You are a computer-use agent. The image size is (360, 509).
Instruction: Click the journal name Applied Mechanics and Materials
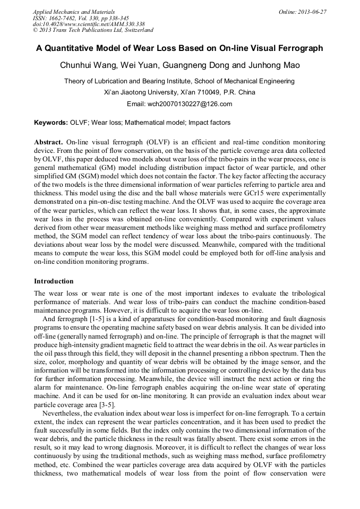click(x=73, y=12)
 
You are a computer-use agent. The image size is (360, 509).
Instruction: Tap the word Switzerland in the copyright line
click(x=134, y=30)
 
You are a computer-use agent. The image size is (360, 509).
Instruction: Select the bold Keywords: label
click(x=51, y=123)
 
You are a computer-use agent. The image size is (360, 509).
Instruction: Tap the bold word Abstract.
click(x=48, y=143)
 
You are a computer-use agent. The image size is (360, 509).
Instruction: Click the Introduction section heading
click(x=54, y=281)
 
